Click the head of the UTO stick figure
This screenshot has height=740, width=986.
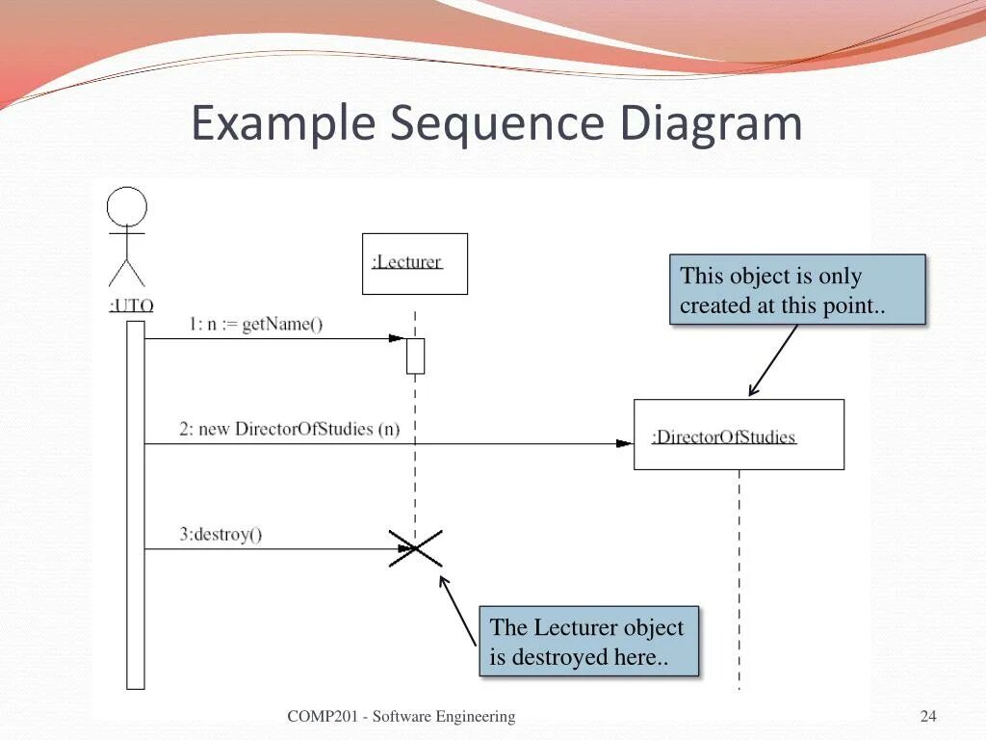pyautogui.click(x=127, y=207)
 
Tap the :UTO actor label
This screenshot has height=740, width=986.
pyautogui.click(x=131, y=306)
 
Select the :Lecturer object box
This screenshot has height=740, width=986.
pyautogui.click(x=414, y=263)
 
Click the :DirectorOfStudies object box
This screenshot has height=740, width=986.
pyautogui.click(x=739, y=435)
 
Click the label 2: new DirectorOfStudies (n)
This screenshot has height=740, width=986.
pyautogui.click(x=289, y=429)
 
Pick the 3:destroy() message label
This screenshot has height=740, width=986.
pyautogui.click(x=221, y=535)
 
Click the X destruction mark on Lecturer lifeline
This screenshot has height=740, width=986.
pyautogui.click(x=415, y=548)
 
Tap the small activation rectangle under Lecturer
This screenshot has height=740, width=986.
pyautogui.click(x=415, y=356)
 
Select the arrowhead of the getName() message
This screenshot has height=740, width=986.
pyautogui.click(x=397, y=338)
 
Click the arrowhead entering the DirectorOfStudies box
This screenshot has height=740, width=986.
pyautogui.click(x=625, y=444)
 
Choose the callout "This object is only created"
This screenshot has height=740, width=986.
pyautogui.click(x=797, y=289)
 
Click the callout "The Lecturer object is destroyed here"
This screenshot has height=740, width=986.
pyautogui.click(x=587, y=642)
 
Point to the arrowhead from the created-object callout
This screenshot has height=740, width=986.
pyautogui.click(x=752, y=391)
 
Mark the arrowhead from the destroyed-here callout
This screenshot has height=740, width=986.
pyautogui.click(x=443, y=580)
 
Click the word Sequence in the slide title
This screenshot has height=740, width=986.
pyautogui.click(x=499, y=123)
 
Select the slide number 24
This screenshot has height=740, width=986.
pyautogui.click(x=928, y=716)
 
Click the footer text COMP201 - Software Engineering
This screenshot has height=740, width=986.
pyautogui.click(x=401, y=716)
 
